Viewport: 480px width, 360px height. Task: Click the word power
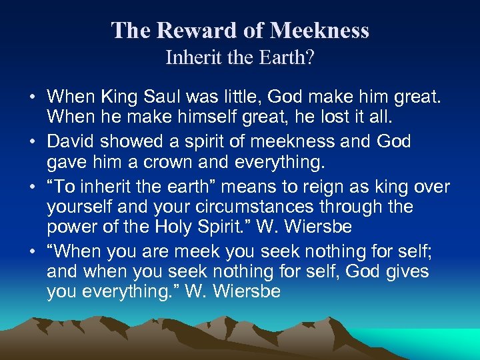pos(69,228)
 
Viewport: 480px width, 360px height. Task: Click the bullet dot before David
pos(33,142)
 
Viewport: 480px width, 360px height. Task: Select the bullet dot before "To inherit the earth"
pos(33,186)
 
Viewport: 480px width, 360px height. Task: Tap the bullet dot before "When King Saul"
pos(33,98)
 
